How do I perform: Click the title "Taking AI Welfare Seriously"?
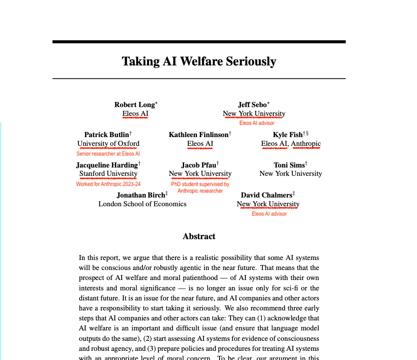199,62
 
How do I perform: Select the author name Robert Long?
135,105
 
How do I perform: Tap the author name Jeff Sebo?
252,105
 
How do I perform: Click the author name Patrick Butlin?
107,135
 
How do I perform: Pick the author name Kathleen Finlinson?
199,135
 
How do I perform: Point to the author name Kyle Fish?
288,135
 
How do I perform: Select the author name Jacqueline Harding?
107,165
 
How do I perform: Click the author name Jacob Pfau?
199,165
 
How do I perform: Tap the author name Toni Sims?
289,165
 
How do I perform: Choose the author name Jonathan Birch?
140,195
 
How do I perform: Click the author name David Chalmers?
267,195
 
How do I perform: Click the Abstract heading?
199,237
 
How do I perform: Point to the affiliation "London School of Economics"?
142,204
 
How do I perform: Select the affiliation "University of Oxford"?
108,144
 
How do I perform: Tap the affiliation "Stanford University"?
108,174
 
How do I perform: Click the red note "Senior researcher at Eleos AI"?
108,154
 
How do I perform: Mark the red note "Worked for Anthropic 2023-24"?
108,184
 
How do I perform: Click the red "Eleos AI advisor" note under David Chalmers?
269,214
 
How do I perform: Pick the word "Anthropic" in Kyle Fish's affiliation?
306,144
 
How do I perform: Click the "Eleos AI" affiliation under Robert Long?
135,114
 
